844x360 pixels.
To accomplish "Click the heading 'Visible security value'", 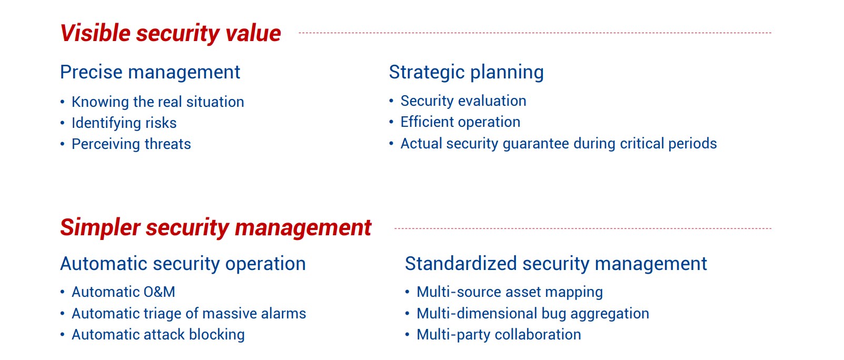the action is click(170, 33).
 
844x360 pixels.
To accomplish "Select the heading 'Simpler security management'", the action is click(215, 227).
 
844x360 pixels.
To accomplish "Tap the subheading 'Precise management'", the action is click(150, 72).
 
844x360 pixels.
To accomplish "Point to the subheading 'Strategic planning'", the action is click(466, 72).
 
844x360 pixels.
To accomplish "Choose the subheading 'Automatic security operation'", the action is click(183, 264).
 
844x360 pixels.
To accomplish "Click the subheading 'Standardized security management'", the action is click(556, 264).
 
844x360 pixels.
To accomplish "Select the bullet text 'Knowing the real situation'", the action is click(158, 102).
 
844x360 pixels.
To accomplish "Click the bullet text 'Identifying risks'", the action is click(124, 123).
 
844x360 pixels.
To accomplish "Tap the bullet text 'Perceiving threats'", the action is click(131, 144).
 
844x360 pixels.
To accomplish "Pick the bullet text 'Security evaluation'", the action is click(463, 101).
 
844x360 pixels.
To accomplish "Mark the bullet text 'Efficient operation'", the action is click(460, 122).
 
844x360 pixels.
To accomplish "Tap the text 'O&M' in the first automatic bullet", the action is click(160, 292).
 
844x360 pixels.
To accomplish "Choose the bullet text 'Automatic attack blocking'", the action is click(158, 335).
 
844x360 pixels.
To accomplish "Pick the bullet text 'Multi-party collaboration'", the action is click(499, 335).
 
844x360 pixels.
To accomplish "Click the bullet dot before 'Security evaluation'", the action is click(392, 101).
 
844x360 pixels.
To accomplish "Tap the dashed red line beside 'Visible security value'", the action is click(535, 33).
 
